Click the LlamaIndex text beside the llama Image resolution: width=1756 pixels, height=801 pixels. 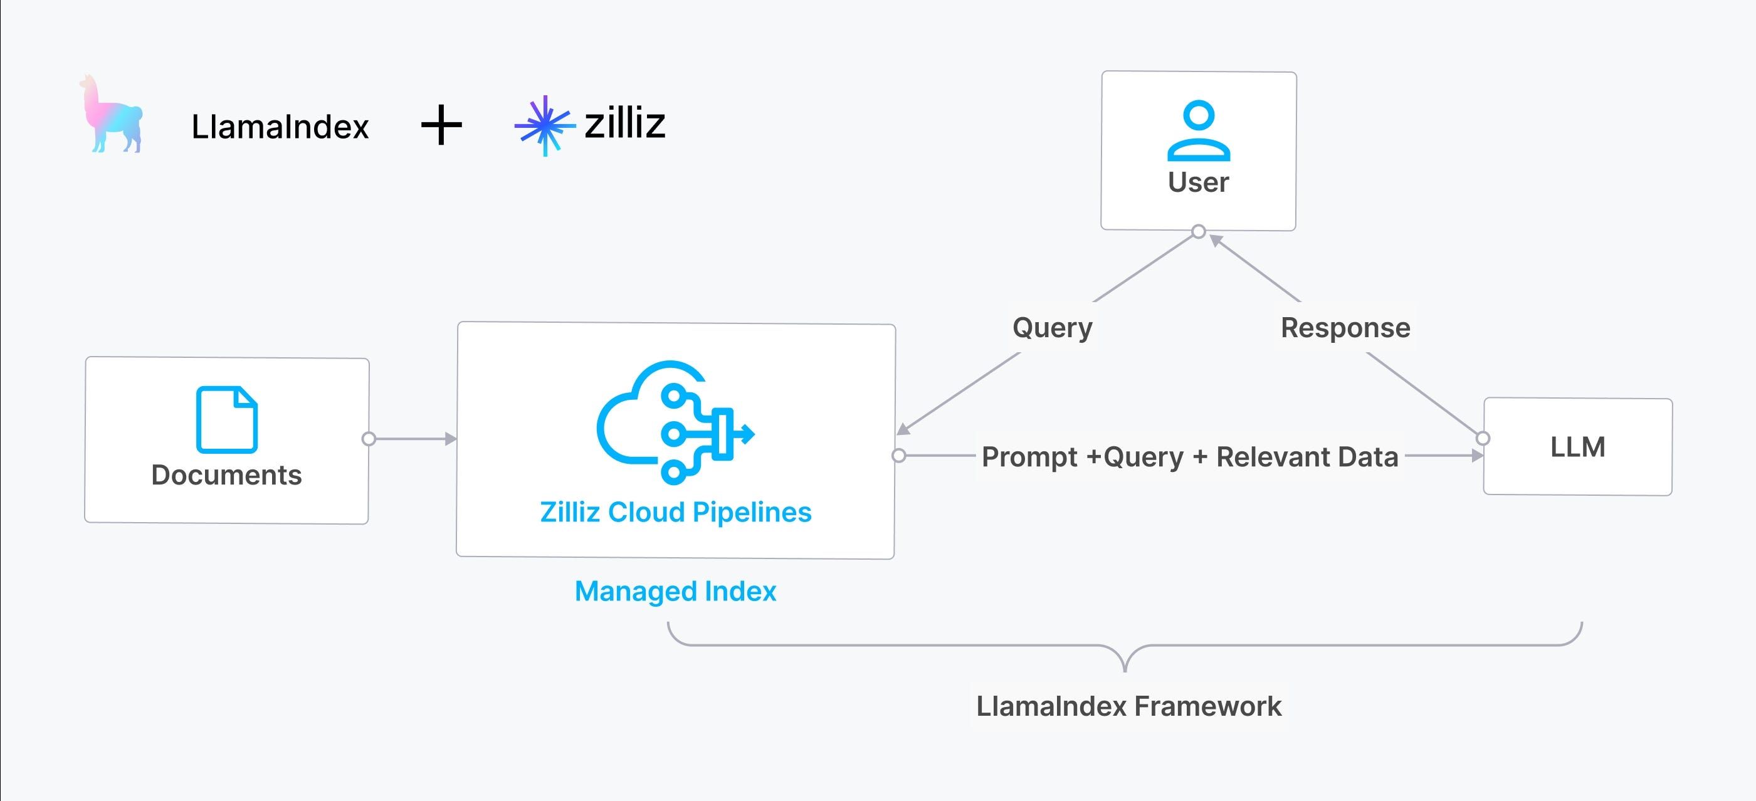pyautogui.click(x=280, y=127)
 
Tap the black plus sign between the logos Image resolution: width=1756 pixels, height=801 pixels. pyautogui.click(x=441, y=125)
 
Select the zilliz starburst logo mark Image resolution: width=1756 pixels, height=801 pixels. pyautogui.click(x=545, y=125)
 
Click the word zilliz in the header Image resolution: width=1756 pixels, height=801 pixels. pyautogui.click(x=624, y=123)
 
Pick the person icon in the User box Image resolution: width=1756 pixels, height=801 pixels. pyautogui.click(x=1199, y=130)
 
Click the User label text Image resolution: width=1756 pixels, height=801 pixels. pyautogui.click(x=1199, y=182)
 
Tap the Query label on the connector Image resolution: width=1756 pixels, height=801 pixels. pyautogui.click(x=1053, y=328)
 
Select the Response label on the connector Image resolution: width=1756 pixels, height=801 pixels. pyautogui.click(x=1345, y=328)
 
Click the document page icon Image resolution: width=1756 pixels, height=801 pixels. pyautogui.click(x=227, y=419)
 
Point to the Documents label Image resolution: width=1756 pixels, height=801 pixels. pyautogui.click(x=226, y=475)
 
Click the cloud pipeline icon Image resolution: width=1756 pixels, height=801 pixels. pyautogui.click(x=675, y=422)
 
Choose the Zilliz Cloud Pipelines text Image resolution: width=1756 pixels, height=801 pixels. pyautogui.click(x=676, y=513)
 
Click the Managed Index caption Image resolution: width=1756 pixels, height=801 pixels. pyautogui.click(x=676, y=592)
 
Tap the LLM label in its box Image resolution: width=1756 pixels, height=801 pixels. pyautogui.click(x=1577, y=448)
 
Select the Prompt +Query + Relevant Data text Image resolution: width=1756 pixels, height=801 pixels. pyautogui.click(x=1189, y=457)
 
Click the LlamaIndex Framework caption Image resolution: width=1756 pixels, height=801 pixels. pyautogui.click(x=1129, y=706)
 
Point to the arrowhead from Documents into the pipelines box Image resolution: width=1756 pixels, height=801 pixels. pyautogui.click(x=451, y=439)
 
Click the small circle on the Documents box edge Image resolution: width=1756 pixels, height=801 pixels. pyautogui.click(x=369, y=439)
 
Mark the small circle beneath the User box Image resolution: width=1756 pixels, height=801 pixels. pyautogui.click(x=1199, y=232)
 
